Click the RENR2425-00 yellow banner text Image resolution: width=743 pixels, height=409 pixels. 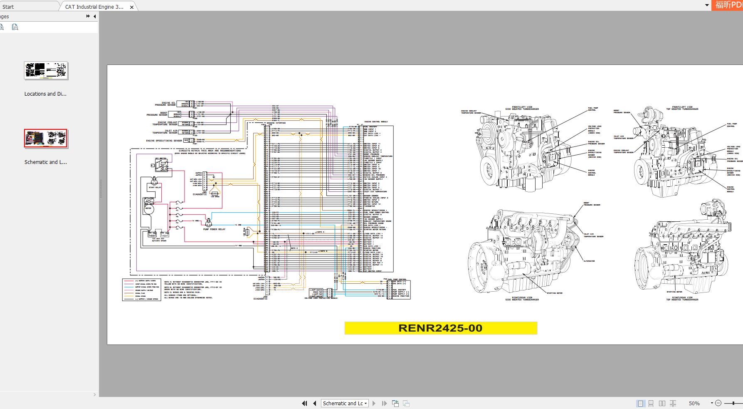pyautogui.click(x=440, y=328)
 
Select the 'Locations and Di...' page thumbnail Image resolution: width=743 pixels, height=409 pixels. pyautogui.click(x=46, y=71)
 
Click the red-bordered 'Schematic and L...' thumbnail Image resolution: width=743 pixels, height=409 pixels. pyautogui.click(x=46, y=139)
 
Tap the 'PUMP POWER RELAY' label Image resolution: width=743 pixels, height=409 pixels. pyautogui.click(x=214, y=229)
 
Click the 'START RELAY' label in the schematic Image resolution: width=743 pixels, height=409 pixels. pyautogui.click(x=155, y=188)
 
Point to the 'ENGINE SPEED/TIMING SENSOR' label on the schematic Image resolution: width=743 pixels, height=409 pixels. pyautogui.click(x=164, y=141)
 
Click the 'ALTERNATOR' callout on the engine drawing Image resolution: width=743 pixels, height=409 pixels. pyautogui.click(x=589, y=261)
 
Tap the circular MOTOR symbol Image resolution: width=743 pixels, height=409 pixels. pyautogui.click(x=148, y=208)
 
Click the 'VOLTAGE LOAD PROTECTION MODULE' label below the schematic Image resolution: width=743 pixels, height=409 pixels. pyautogui.click(x=321, y=298)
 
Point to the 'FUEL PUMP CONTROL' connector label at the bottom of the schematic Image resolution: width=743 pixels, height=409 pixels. pyautogui.click(x=397, y=279)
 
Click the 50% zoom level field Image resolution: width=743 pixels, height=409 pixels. pyautogui.click(x=694, y=403)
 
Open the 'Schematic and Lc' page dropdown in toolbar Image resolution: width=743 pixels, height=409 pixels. pyautogui.click(x=345, y=403)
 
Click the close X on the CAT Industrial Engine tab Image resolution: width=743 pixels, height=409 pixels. pyautogui.click(x=132, y=7)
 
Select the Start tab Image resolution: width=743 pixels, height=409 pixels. pyautogui.click(x=8, y=7)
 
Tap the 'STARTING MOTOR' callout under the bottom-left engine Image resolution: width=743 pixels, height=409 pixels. pyautogui.click(x=555, y=293)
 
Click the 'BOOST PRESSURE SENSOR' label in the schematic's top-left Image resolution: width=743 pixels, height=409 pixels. pyautogui.click(x=158, y=114)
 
